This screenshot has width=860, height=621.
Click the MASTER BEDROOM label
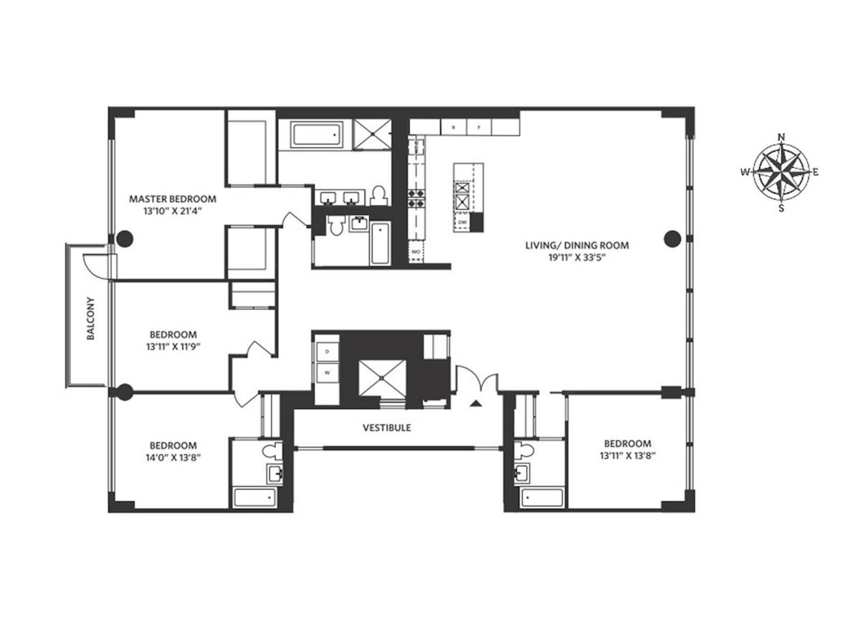[172, 199]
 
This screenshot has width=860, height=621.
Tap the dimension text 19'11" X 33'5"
[577, 258]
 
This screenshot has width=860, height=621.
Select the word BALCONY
[90, 318]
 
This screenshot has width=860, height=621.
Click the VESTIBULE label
[386, 428]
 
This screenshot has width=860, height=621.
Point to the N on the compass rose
[782, 137]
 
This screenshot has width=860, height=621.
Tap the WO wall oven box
[415, 252]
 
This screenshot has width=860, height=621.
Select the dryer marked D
[327, 352]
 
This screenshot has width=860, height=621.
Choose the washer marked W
[327, 372]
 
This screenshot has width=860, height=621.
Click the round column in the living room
[672, 238]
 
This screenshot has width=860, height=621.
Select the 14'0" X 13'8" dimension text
[173, 458]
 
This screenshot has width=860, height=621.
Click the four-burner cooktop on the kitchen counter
[416, 198]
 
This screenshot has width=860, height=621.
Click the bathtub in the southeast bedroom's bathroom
[542, 497]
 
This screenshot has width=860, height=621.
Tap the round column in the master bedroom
[125, 238]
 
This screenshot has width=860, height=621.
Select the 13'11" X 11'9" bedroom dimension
[173, 347]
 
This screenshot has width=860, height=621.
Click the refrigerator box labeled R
[453, 127]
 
